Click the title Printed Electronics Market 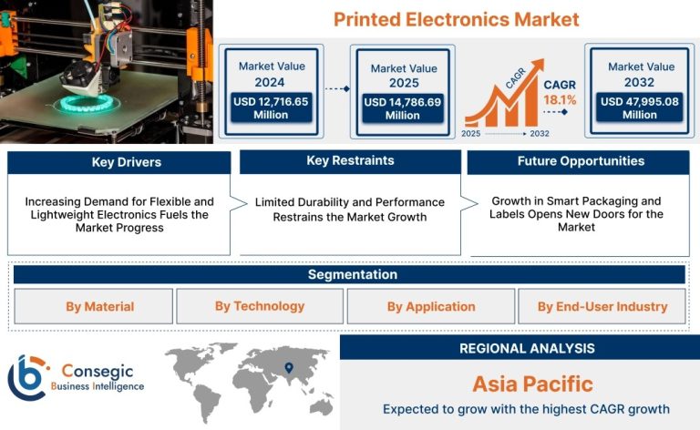[x=457, y=20]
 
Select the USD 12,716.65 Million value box [x=271, y=107]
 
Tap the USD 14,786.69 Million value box [x=402, y=107]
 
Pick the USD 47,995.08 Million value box [x=640, y=107]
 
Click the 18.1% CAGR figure [x=560, y=100]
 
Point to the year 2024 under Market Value [x=270, y=83]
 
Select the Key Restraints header [x=350, y=161]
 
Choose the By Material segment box [x=93, y=306]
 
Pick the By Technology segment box [x=260, y=306]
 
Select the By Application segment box [x=431, y=306]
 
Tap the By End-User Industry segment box [x=602, y=306]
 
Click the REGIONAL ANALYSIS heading [x=527, y=348]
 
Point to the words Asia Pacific [x=532, y=384]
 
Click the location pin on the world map [x=289, y=367]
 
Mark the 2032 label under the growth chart [x=540, y=133]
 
